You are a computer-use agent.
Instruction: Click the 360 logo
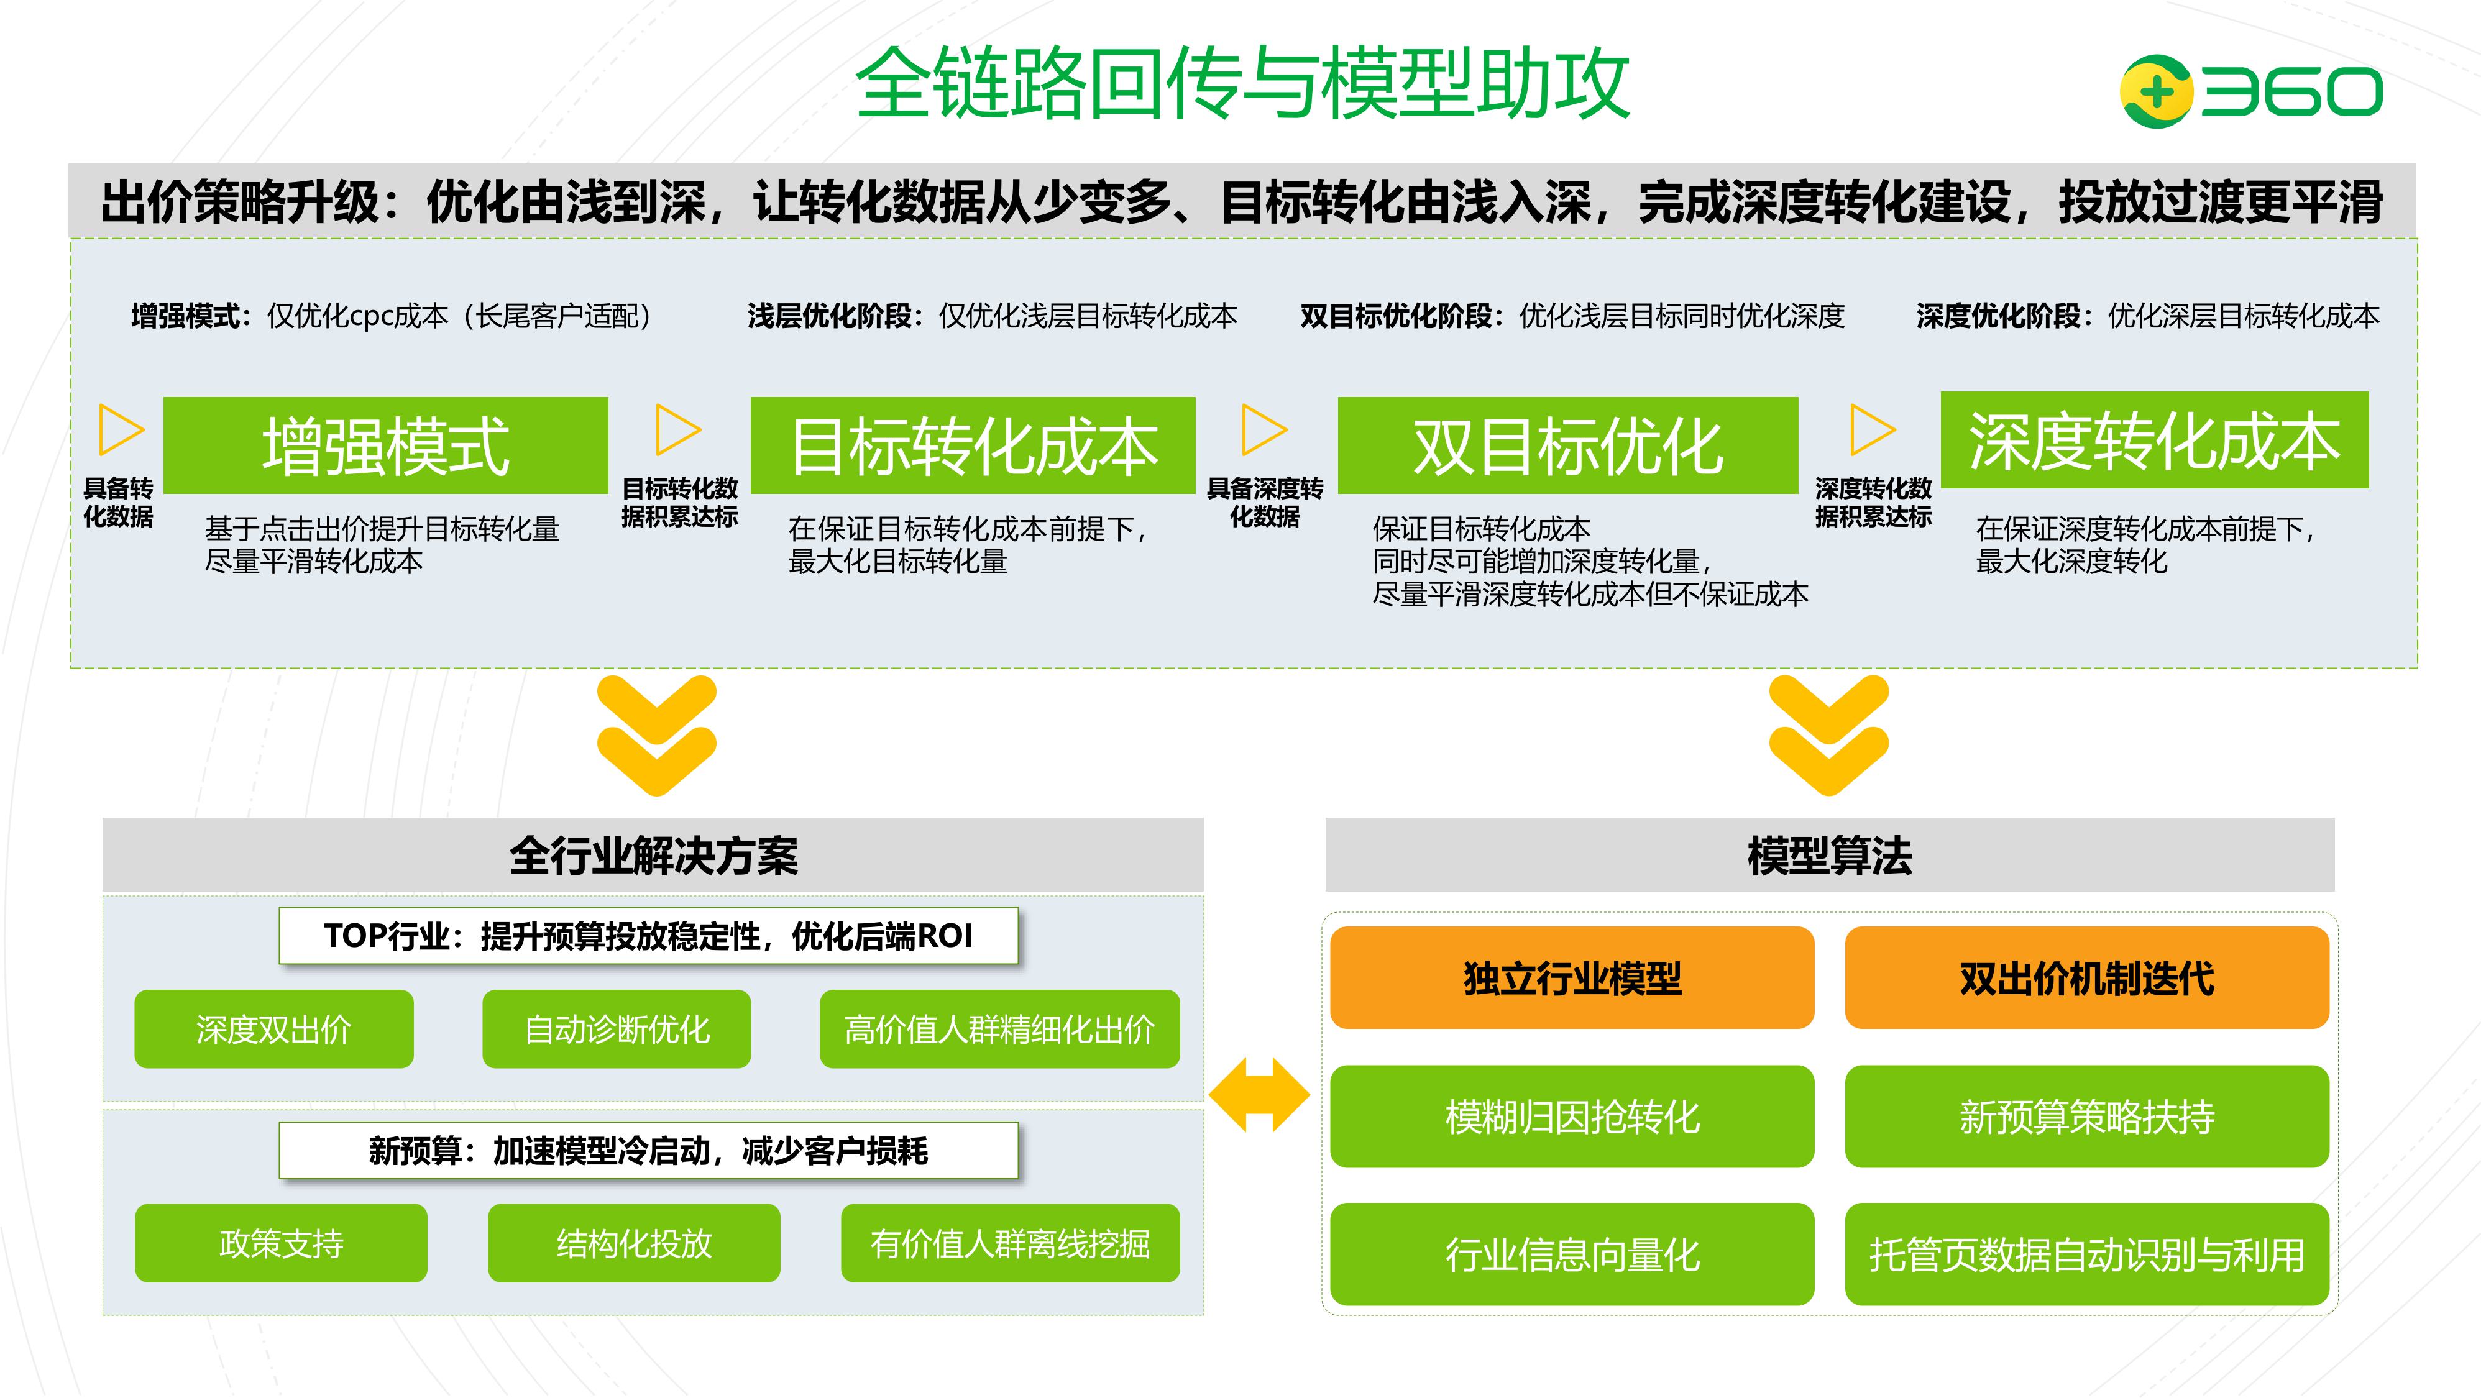pyautogui.click(x=2250, y=92)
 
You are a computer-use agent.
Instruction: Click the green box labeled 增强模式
pyautogui.click(x=385, y=445)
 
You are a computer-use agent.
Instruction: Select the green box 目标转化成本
pyautogui.click(x=973, y=445)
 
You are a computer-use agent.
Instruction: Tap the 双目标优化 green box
pyautogui.click(x=1567, y=445)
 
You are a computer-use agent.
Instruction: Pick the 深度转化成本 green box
pyautogui.click(x=2154, y=440)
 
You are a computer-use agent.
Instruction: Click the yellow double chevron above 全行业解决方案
pyautogui.click(x=656, y=735)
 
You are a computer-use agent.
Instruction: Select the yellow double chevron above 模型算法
pyautogui.click(x=1829, y=735)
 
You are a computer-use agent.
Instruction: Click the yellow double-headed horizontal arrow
pyautogui.click(x=1259, y=1094)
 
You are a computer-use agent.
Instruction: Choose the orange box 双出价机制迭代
pyautogui.click(x=2086, y=977)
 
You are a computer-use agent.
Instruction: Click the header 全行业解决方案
pyautogui.click(x=653, y=855)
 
